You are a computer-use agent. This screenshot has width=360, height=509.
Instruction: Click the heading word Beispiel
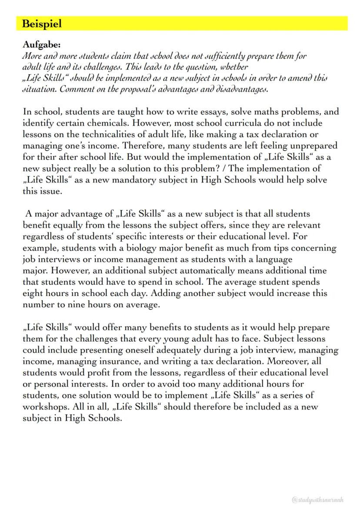pyautogui.click(x=42, y=24)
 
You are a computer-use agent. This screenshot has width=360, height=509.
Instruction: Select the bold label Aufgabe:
pyautogui.click(x=42, y=45)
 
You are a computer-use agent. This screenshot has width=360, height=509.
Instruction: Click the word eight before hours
pyautogui.click(x=33, y=293)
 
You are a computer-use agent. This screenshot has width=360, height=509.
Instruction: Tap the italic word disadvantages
pyautogui.click(x=243, y=90)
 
